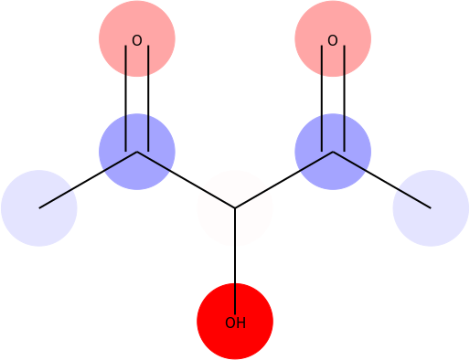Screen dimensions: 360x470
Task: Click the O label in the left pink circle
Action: tap(137, 40)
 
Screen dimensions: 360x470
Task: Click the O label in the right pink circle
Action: tap(333, 40)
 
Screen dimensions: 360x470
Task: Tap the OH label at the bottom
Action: tap(235, 323)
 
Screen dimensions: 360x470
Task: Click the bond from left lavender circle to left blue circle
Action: tap(88, 180)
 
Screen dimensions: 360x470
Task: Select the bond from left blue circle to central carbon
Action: tap(186, 180)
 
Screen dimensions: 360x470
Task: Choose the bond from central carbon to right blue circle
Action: tap(283, 180)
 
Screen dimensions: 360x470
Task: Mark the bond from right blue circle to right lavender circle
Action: tap(381, 180)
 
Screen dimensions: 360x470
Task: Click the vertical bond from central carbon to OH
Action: tap(235, 256)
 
